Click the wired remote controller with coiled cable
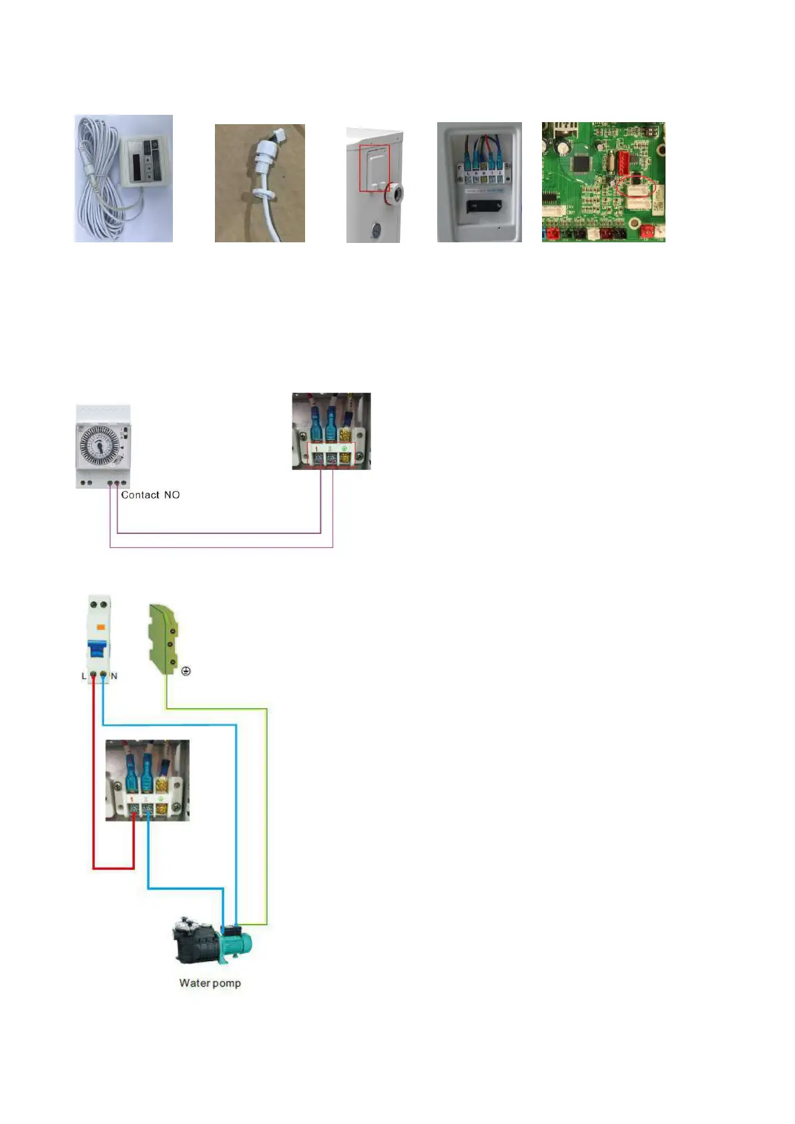tap(123, 178)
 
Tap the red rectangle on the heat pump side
tap(374, 168)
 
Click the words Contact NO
tap(150, 495)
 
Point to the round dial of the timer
tap(100, 443)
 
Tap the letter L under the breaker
tap(83, 676)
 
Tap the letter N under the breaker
tap(114, 676)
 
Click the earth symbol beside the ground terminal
tap(186, 671)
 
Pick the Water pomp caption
tap(210, 983)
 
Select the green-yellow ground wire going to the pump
tap(266, 814)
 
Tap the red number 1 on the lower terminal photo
tap(132, 799)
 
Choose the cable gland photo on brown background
tap(260, 183)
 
